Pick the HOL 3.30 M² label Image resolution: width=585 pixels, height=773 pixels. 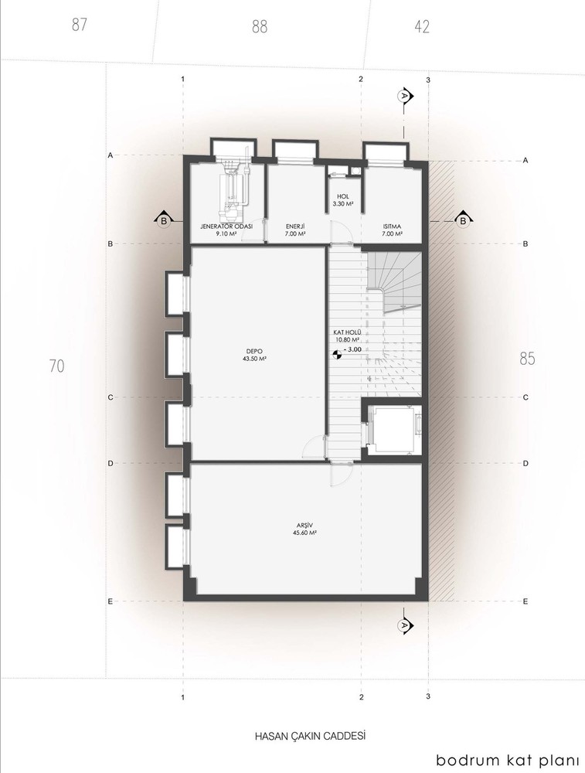343,199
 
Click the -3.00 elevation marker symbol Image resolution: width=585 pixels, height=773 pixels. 337,353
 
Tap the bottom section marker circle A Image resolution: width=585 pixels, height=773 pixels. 404,624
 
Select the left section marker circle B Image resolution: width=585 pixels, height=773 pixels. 164,222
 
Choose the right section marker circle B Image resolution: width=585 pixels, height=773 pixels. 463,221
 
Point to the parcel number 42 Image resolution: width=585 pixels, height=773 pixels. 422,26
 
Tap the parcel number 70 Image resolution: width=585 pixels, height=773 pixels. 57,366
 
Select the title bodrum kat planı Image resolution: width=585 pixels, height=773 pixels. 508,760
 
